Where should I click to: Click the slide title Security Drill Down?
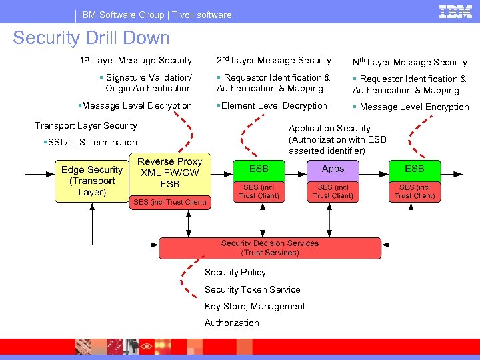pos(91,38)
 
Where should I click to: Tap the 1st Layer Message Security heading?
pos(135,61)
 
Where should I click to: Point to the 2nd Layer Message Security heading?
pos(273,61)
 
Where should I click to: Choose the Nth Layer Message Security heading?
pos(409,62)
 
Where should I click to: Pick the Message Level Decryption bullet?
pos(135,106)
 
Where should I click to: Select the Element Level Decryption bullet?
pos(273,106)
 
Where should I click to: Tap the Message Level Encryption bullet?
pos(411,107)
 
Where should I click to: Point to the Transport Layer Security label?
pos(86,125)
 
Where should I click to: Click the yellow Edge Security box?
pos(92,181)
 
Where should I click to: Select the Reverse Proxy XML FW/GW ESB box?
pos(169,173)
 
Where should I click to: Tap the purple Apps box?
pos(333,169)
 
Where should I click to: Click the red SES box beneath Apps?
pos(333,192)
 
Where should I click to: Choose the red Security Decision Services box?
pos(270,248)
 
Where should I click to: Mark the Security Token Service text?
pos(252,289)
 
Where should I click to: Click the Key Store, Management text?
pos(255,306)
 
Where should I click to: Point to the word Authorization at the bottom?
pos(231,323)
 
